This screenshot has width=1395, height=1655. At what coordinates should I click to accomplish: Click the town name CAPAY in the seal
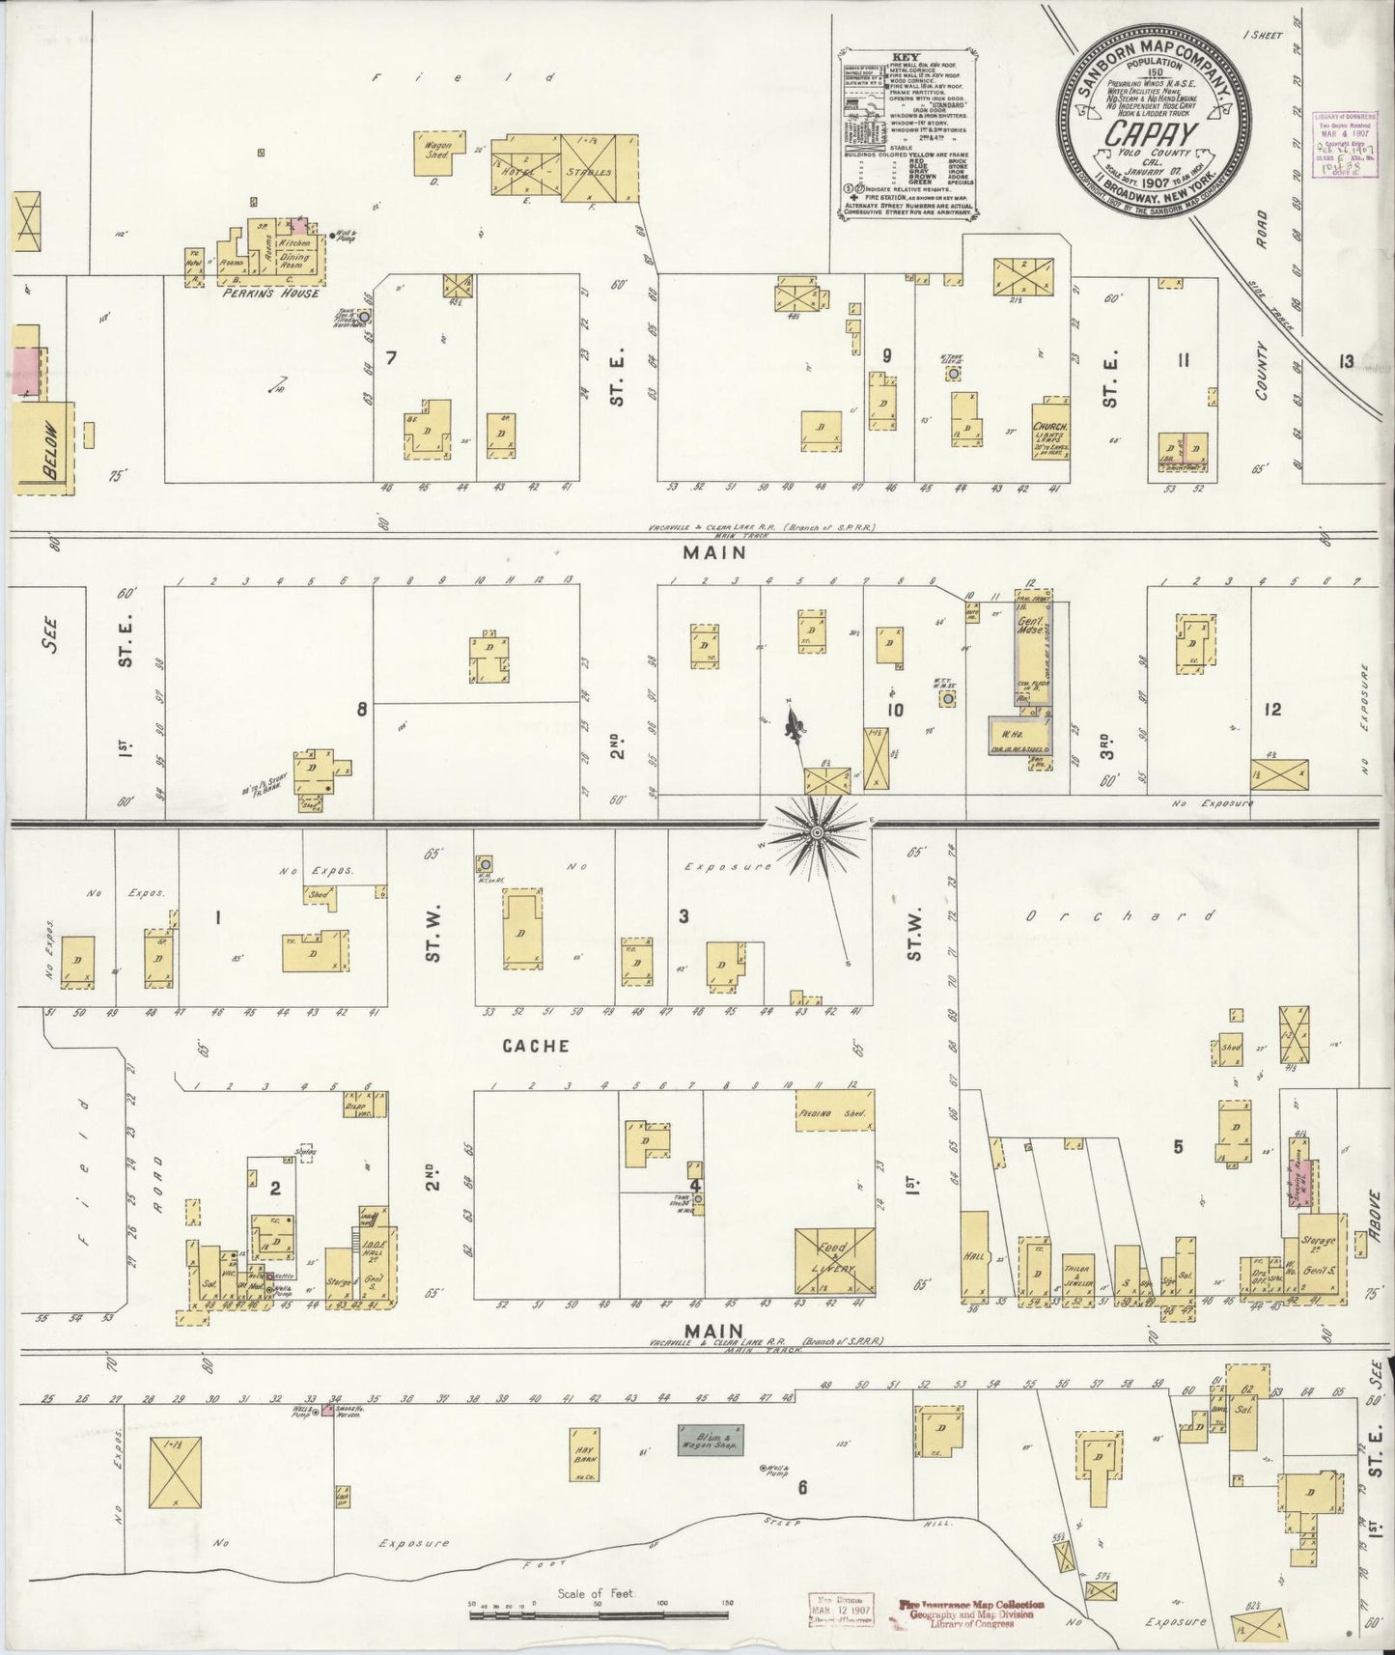coord(1151,131)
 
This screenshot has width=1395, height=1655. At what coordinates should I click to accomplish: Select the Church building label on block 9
coord(1048,427)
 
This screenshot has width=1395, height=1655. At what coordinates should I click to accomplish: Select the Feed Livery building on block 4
coord(834,1260)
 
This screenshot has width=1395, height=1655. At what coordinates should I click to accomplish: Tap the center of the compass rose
coord(817,831)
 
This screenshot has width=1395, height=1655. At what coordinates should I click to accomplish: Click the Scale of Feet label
coord(596,1593)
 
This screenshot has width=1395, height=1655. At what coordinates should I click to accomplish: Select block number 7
coord(391,358)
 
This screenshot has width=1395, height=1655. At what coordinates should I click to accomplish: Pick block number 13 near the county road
coord(1345,361)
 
